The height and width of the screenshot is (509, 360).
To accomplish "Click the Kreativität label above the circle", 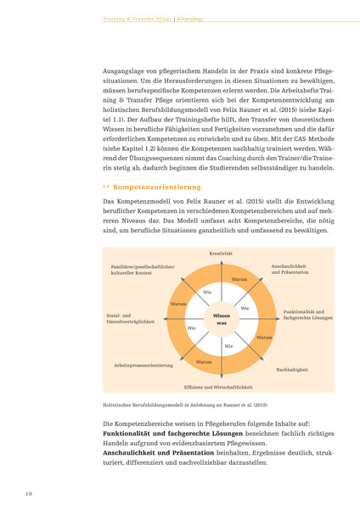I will pos(221,254).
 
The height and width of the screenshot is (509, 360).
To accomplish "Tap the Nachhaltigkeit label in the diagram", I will pos(291,370).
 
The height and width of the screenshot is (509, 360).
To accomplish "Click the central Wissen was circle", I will pos(221,319).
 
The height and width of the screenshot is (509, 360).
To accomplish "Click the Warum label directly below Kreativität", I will pos(239,278).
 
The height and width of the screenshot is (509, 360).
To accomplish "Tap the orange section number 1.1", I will pos(106,186).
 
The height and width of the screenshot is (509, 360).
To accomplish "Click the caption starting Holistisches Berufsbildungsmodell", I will pos(184,405).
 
